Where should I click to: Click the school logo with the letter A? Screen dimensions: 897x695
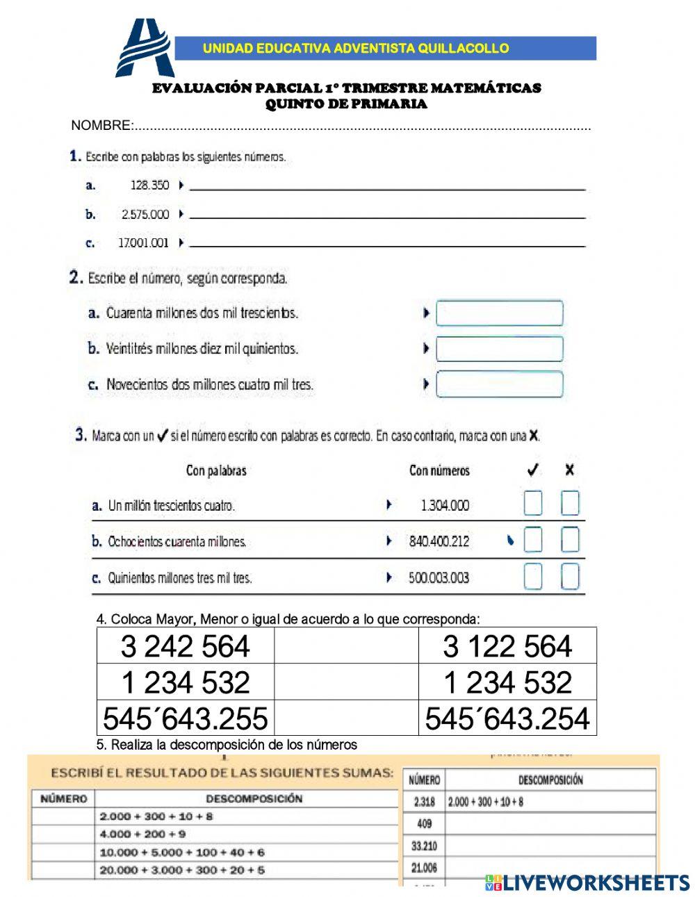(145, 49)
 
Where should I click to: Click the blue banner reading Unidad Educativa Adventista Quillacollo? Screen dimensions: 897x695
(384, 49)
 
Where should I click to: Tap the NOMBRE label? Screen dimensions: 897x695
(101, 126)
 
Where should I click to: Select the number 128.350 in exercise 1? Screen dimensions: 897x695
(149, 186)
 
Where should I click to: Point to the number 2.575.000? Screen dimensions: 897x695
(145, 215)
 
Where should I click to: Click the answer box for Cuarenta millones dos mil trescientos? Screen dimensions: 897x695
(499, 313)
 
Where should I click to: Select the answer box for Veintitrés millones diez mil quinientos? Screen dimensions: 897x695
(499, 349)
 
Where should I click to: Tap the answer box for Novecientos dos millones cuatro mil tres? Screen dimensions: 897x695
(499, 384)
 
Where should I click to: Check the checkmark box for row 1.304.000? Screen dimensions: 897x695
(532, 504)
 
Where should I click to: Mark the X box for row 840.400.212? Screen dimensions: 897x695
(570, 540)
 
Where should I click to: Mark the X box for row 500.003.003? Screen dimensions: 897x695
(570, 577)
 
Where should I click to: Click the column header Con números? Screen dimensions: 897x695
(439, 471)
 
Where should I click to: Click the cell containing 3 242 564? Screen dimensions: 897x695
(186, 646)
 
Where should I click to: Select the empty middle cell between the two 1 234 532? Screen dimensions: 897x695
(346, 682)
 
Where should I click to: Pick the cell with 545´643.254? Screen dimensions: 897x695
(507, 718)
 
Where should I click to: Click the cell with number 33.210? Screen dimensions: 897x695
(424, 846)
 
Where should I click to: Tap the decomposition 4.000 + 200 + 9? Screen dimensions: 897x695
(142, 834)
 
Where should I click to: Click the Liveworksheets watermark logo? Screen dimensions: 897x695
(587, 882)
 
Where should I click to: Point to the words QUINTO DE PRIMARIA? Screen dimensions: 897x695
(346, 104)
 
